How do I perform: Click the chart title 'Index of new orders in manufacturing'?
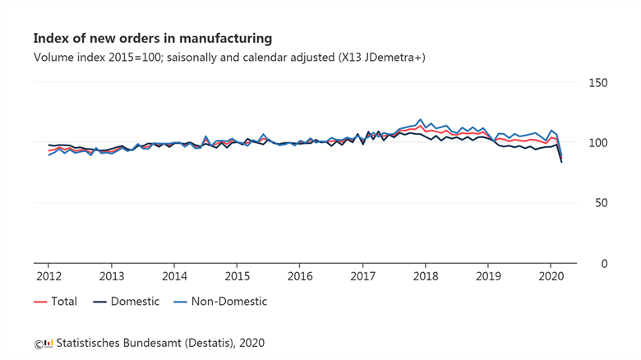click(152, 39)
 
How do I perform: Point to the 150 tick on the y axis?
click(597, 83)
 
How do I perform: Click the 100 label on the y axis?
click(597, 143)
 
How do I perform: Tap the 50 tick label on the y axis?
click(601, 203)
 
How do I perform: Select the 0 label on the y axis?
click(604, 263)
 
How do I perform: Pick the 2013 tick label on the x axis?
click(112, 275)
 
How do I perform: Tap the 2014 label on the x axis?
click(174, 275)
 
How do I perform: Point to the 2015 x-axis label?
click(237, 275)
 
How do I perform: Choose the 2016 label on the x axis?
click(300, 275)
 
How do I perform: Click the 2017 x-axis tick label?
click(362, 275)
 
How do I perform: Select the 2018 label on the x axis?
click(425, 275)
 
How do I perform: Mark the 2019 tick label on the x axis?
click(488, 275)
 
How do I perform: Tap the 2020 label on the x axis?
click(551, 275)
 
